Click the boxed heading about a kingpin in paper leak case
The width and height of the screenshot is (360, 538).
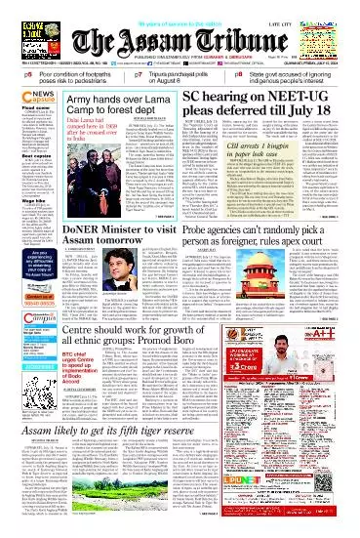(x=259, y=179)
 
